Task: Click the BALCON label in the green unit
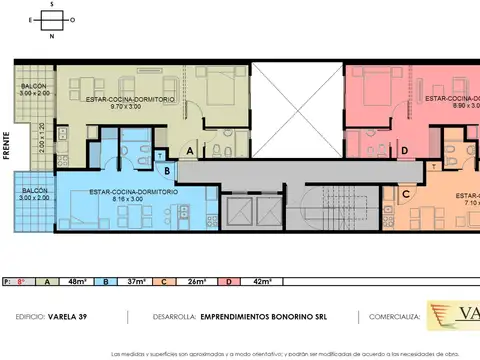click(x=34, y=87)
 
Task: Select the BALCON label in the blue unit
click(x=34, y=191)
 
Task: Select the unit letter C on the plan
click(x=407, y=195)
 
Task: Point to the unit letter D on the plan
click(x=403, y=151)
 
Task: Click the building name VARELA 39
click(x=72, y=316)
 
